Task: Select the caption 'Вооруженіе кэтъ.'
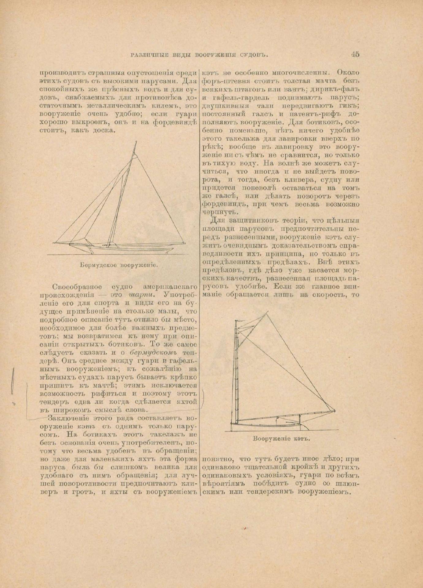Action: pyautogui.click(x=281, y=438)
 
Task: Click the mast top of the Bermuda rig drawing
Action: pyautogui.click(x=135, y=143)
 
